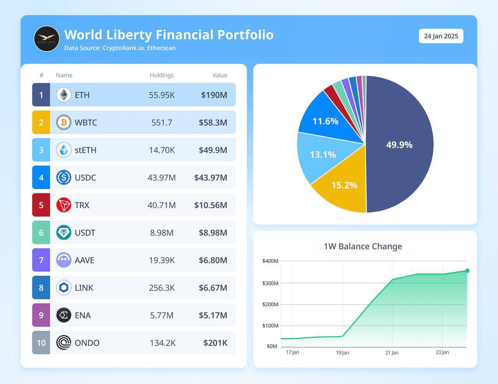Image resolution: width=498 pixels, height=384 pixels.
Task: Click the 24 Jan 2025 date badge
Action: click(x=441, y=36)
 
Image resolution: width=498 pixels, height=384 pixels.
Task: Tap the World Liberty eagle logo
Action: click(x=47, y=39)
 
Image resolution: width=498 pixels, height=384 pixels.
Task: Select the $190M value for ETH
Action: click(x=214, y=95)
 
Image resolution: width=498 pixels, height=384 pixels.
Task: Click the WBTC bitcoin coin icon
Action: click(x=64, y=122)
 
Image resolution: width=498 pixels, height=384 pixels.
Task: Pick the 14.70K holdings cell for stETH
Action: click(x=162, y=150)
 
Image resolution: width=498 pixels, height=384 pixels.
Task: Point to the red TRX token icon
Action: click(x=64, y=205)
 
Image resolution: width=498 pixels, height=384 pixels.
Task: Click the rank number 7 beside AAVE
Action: click(x=41, y=260)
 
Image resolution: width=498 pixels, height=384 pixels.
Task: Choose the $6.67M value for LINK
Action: click(x=213, y=288)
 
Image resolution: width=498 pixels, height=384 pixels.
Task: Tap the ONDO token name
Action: click(x=87, y=343)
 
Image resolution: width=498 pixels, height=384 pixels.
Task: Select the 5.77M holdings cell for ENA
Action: click(x=162, y=315)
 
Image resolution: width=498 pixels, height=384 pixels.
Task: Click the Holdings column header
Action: click(x=161, y=75)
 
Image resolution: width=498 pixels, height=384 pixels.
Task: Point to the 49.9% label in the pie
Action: click(x=399, y=145)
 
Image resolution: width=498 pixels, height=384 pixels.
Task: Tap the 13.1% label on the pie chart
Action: click(x=323, y=155)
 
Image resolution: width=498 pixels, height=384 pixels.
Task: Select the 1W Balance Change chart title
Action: click(x=363, y=246)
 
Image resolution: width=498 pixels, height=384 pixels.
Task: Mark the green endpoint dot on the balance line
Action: click(x=467, y=271)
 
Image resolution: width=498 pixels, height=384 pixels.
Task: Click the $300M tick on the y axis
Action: click(x=270, y=283)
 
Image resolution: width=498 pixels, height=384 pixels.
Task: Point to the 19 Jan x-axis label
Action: click(x=342, y=352)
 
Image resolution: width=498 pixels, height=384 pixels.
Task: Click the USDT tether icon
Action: click(x=64, y=232)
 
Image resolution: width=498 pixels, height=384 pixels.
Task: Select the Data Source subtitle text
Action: click(x=120, y=48)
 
